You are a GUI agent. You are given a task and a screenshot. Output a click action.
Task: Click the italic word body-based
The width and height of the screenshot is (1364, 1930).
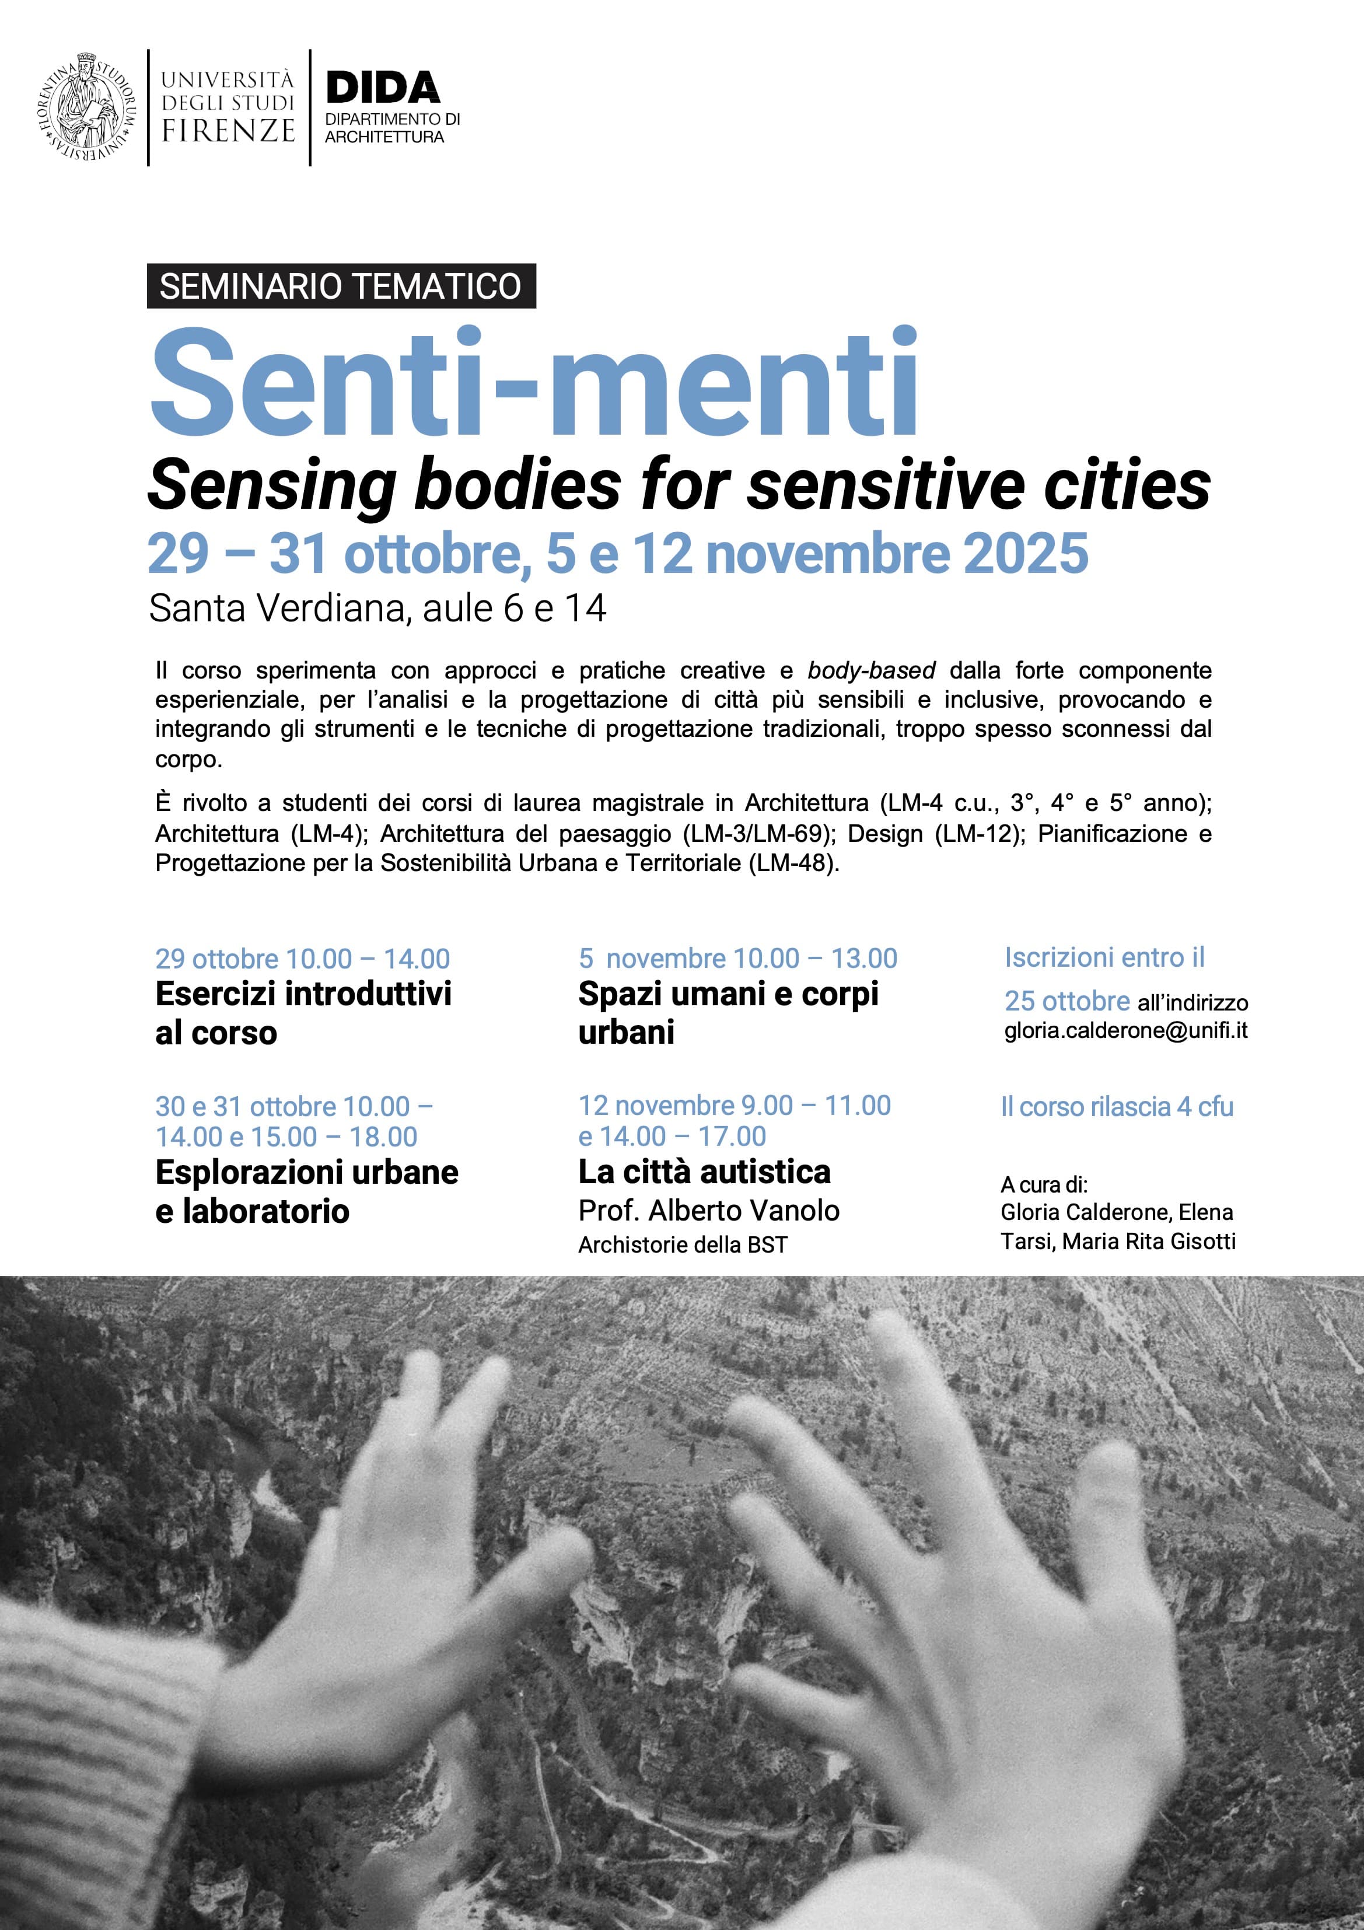click(872, 671)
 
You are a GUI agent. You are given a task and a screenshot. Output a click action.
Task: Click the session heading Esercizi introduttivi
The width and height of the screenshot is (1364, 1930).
click(303, 994)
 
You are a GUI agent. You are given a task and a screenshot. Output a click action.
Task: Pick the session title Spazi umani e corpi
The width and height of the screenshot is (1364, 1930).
click(728, 994)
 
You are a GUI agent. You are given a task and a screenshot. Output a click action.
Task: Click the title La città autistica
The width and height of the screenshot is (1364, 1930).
click(704, 1172)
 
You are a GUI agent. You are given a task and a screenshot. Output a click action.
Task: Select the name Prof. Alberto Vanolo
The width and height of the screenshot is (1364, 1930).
click(708, 1211)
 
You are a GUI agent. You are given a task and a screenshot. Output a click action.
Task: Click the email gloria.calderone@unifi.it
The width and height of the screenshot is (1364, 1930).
click(1125, 1030)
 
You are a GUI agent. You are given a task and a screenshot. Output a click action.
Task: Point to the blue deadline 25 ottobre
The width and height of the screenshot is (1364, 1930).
click(1066, 1001)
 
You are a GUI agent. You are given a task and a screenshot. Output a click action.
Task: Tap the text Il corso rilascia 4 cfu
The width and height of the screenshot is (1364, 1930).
click(1117, 1107)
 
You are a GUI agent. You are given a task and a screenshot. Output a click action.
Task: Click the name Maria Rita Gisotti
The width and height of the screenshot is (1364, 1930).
click(1149, 1242)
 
